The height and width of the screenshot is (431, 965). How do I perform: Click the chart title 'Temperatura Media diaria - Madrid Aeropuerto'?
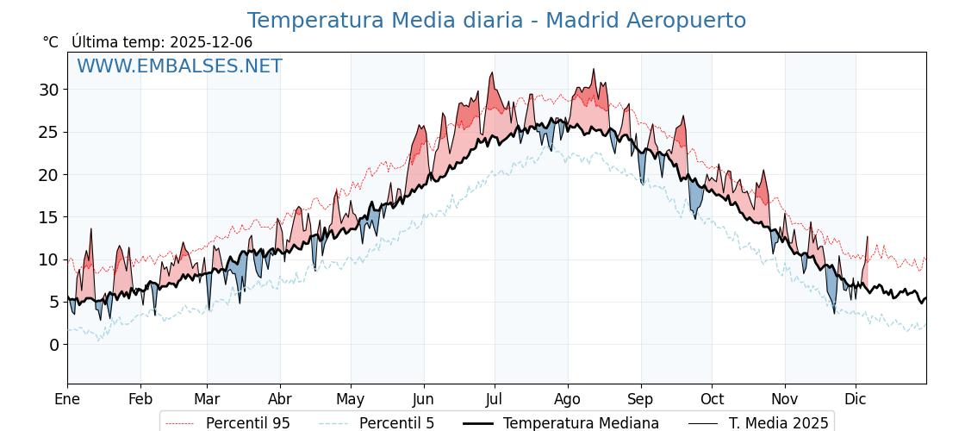point(496,21)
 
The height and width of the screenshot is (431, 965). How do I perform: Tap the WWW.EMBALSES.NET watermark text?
point(179,66)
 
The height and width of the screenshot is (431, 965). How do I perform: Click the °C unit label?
point(51,42)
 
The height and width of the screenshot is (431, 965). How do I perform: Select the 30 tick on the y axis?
point(48,90)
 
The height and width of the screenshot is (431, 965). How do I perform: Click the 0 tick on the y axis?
point(53,345)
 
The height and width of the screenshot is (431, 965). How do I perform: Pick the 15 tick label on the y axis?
point(48,217)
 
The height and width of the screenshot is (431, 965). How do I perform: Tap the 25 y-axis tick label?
point(48,132)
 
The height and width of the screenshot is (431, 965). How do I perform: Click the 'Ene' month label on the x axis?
point(67,399)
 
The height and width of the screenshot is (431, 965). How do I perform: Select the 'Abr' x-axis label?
point(280,399)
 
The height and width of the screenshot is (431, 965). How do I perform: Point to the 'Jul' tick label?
point(495,399)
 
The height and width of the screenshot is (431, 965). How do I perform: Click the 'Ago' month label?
point(568,399)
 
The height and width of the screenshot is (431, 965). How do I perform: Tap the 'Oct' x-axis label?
point(712,399)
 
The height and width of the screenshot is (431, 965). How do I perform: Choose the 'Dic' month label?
point(856,399)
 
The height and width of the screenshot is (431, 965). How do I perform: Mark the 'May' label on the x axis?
point(351,399)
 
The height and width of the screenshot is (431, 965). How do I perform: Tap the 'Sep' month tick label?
point(641,399)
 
